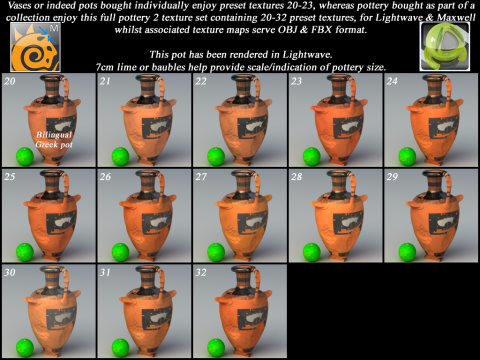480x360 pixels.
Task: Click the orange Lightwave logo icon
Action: (35, 47)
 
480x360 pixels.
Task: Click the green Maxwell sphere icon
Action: (445, 47)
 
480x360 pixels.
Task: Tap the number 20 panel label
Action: (10, 81)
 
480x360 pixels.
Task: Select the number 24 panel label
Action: (392, 81)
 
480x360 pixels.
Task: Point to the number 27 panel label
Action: (201, 177)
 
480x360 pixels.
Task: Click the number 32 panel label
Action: (201, 272)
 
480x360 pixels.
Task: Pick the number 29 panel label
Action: (392, 177)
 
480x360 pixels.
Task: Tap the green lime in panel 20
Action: (25, 156)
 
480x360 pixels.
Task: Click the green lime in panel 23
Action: (312, 156)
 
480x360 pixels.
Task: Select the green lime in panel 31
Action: (120, 348)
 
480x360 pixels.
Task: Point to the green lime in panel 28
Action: (312, 252)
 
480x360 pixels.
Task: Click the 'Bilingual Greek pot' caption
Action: (54, 140)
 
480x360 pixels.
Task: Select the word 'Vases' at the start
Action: (19, 5)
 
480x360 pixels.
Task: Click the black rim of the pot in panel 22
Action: (246, 78)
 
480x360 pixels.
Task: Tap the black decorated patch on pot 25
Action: (61, 223)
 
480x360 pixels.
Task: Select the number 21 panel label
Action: (105, 81)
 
